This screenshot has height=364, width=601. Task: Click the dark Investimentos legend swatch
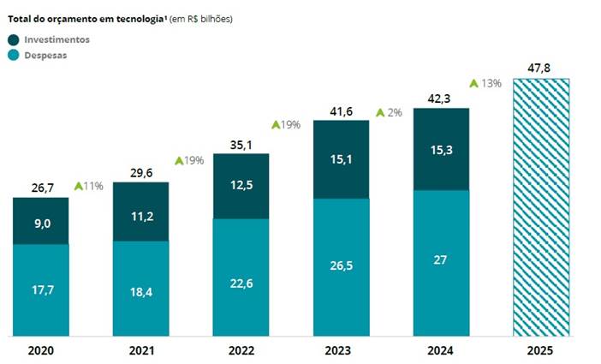click(x=14, y=39)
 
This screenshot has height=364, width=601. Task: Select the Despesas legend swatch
click(x=14, y=55)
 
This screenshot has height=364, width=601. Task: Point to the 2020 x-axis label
click(x=40, y=351)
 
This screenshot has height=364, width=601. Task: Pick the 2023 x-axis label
click(x=341, y=351)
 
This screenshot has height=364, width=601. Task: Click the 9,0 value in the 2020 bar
click(x=40, y=224)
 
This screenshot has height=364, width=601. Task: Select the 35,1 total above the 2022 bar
click(x=241, y=144)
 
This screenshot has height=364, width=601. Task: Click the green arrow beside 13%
click(x=473, y=83)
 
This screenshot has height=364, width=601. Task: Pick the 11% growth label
click(x=93, y=186)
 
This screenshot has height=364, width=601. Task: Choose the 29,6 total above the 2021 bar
click(x=141, y=172)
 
